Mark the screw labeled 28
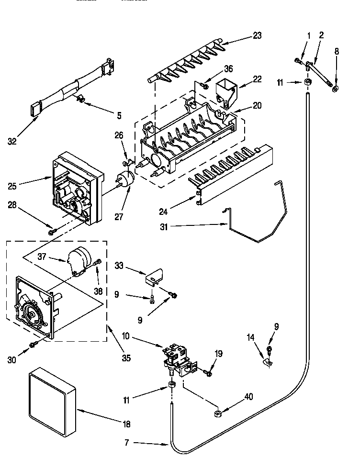52,232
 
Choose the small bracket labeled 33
154,277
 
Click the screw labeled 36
204,86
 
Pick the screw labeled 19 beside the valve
208,372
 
